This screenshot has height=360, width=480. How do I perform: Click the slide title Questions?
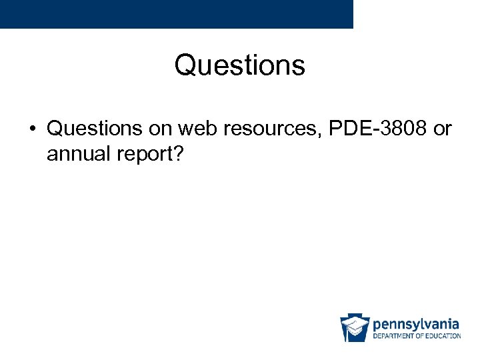[x=240, y=65]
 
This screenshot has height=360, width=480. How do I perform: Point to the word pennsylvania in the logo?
[x=415, y=324]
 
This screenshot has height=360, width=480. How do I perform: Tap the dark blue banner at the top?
[x=176, y=13]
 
